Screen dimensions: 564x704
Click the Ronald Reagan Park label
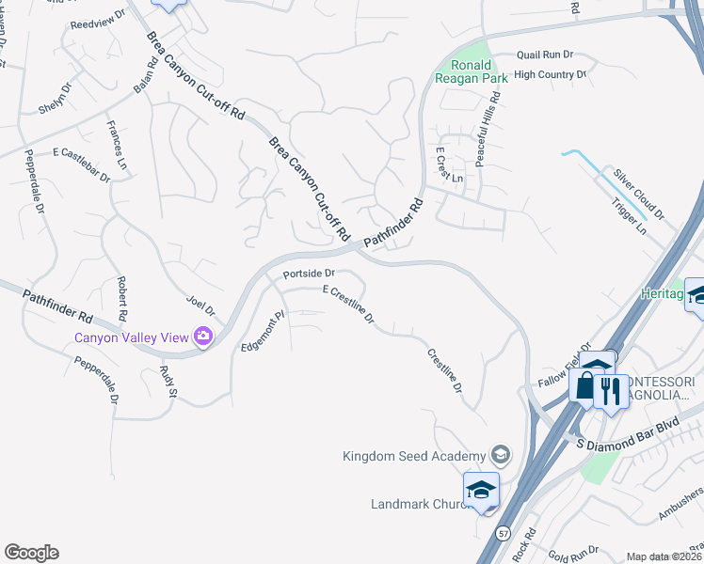tap(472, 71)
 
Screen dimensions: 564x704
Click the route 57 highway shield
tap(504, 532)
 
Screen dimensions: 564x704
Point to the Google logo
tap(31, 553)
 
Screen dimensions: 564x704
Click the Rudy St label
tap(168, 380)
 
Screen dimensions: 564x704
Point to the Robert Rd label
tap(121, 296)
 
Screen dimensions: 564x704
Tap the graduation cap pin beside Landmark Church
tap(480, 491)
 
